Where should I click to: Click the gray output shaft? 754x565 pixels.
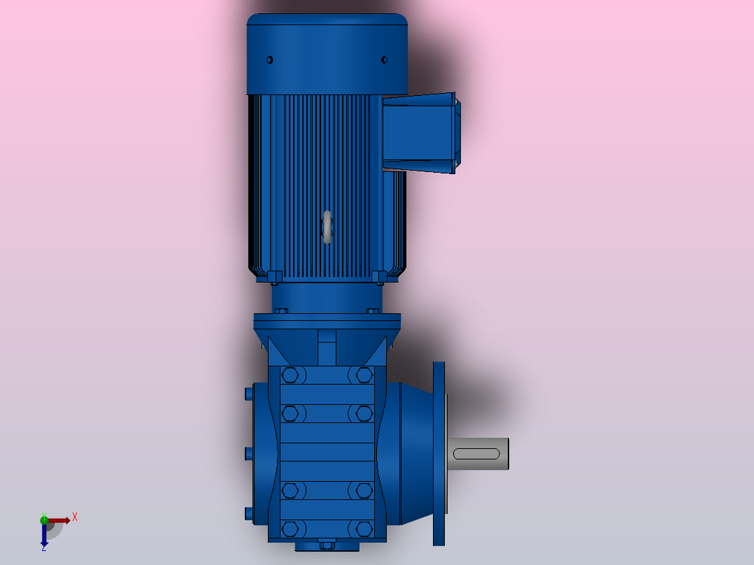[478, 453]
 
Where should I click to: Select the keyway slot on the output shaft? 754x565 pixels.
[476, 453]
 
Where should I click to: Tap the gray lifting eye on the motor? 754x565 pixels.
[327, 227]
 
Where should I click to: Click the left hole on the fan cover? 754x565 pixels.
[270, 59]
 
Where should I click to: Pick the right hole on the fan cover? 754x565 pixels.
[384, 59]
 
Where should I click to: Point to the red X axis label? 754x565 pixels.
[75, 517]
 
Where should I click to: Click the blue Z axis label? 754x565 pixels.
[44, 548]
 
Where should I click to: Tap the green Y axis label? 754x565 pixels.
[44, 515]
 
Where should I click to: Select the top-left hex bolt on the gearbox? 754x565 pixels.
[290, 375]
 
